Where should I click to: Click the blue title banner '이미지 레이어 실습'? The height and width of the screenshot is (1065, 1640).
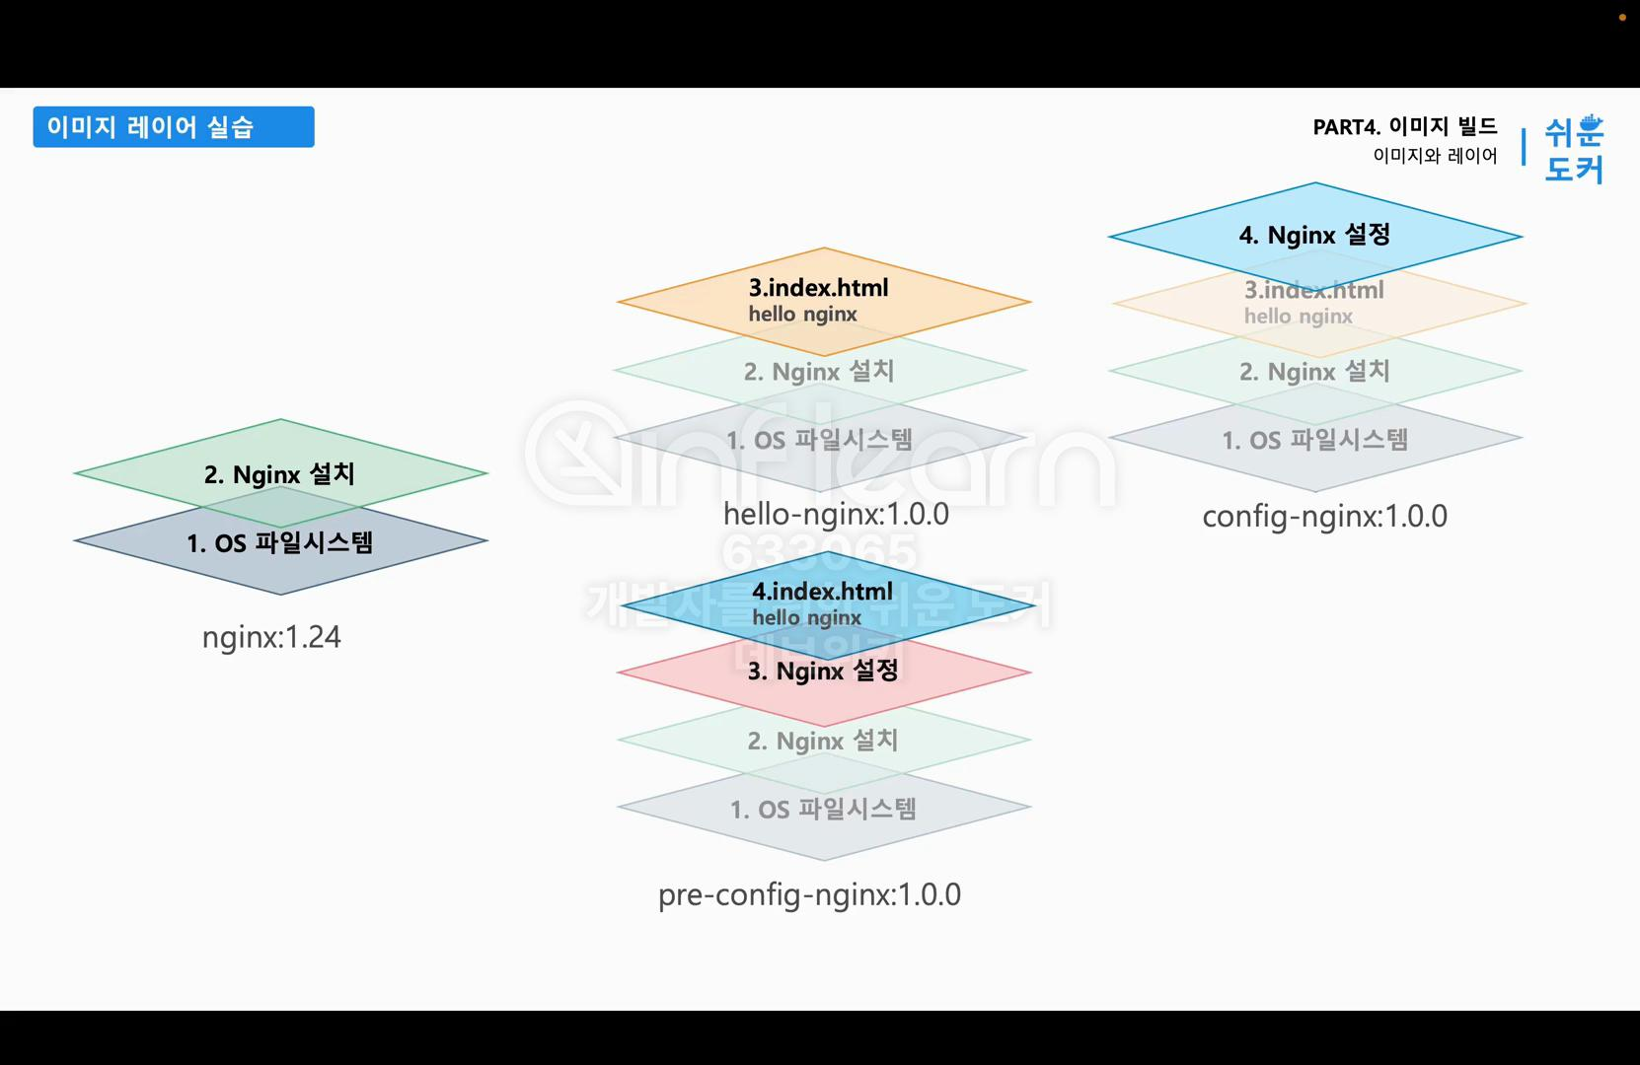(x=173, y=127)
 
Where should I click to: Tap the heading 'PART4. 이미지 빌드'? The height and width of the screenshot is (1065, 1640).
(x=1404, y=126)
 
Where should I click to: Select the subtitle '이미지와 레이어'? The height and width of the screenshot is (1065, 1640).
(x=1435, y=156)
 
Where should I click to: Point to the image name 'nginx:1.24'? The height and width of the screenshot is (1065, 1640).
(x=271, y=637)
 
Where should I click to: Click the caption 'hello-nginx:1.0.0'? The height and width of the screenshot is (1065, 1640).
(x=836, y=514)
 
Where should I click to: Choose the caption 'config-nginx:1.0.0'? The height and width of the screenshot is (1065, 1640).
(x=1324, y=517)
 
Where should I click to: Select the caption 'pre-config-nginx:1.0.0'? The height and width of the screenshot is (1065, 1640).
(x=809, y=894)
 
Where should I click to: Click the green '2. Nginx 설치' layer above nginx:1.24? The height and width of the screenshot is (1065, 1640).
(x=279, y=474)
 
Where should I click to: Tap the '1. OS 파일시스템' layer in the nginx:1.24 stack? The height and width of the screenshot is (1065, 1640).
(x=279, y=543)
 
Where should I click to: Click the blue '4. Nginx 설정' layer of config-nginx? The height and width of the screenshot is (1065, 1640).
(x=1314, y=235)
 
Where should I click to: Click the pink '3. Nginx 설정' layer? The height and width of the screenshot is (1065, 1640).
(x=823, y=672)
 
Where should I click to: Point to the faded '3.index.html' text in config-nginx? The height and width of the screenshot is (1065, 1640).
(x=1313, y=290)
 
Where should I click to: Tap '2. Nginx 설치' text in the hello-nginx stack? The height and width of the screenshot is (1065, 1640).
(x=819, y=372)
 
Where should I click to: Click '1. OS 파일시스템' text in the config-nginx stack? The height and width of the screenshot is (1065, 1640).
(x=1314, y=440)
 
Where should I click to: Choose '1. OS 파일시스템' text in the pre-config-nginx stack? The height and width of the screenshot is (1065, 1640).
(x=823, y=810)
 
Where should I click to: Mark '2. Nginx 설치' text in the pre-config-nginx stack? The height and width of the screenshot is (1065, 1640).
(x=823, y=741)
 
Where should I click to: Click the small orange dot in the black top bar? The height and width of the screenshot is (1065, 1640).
(x=1622, y=18)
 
